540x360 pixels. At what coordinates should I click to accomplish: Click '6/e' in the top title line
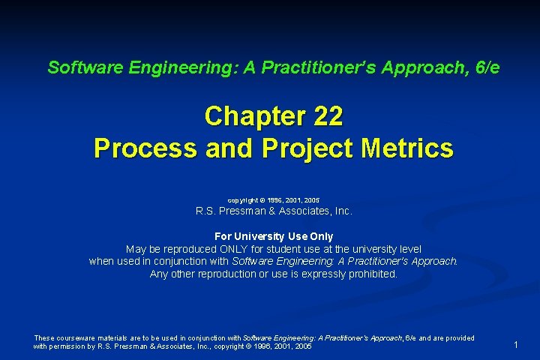tap(483, 67)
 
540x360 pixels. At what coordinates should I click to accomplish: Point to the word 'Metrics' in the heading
tap(406, 148)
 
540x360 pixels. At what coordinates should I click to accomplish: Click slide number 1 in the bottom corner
tap(516, 344)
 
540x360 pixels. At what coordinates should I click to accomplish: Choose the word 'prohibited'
tap(371, 274)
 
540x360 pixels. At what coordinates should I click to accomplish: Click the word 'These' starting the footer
tap(44, 338)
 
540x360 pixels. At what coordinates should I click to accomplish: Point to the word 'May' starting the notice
tap(136, 249)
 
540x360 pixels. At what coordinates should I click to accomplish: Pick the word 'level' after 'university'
tap(409, 249)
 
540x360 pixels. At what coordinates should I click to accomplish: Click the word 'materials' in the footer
tap(118, 338)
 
